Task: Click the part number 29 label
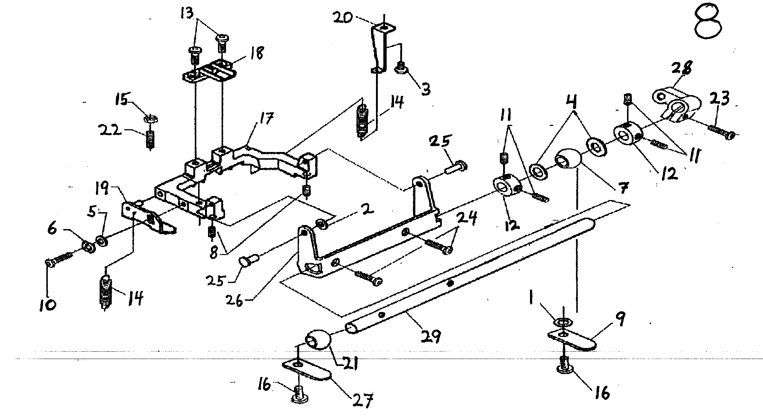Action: pyautogui.click(x=431, y=336)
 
